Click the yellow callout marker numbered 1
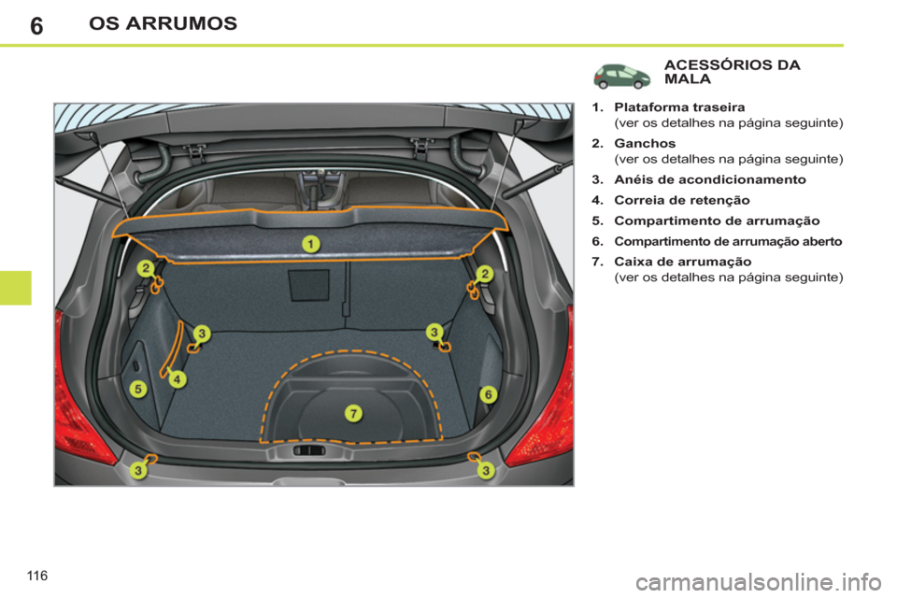(310, 244)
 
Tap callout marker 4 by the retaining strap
(178, 379)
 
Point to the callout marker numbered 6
(488, 395)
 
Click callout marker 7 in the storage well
(353, 412)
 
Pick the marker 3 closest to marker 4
(203, 332)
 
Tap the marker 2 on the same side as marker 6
(485, 273)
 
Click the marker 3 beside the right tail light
(486, 471)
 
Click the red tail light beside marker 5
(79, 392)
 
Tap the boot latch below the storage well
(309, 450)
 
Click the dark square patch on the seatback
(309, 285)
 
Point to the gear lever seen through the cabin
(310, 187)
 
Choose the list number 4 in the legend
(594, 199)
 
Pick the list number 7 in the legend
(594, 263)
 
